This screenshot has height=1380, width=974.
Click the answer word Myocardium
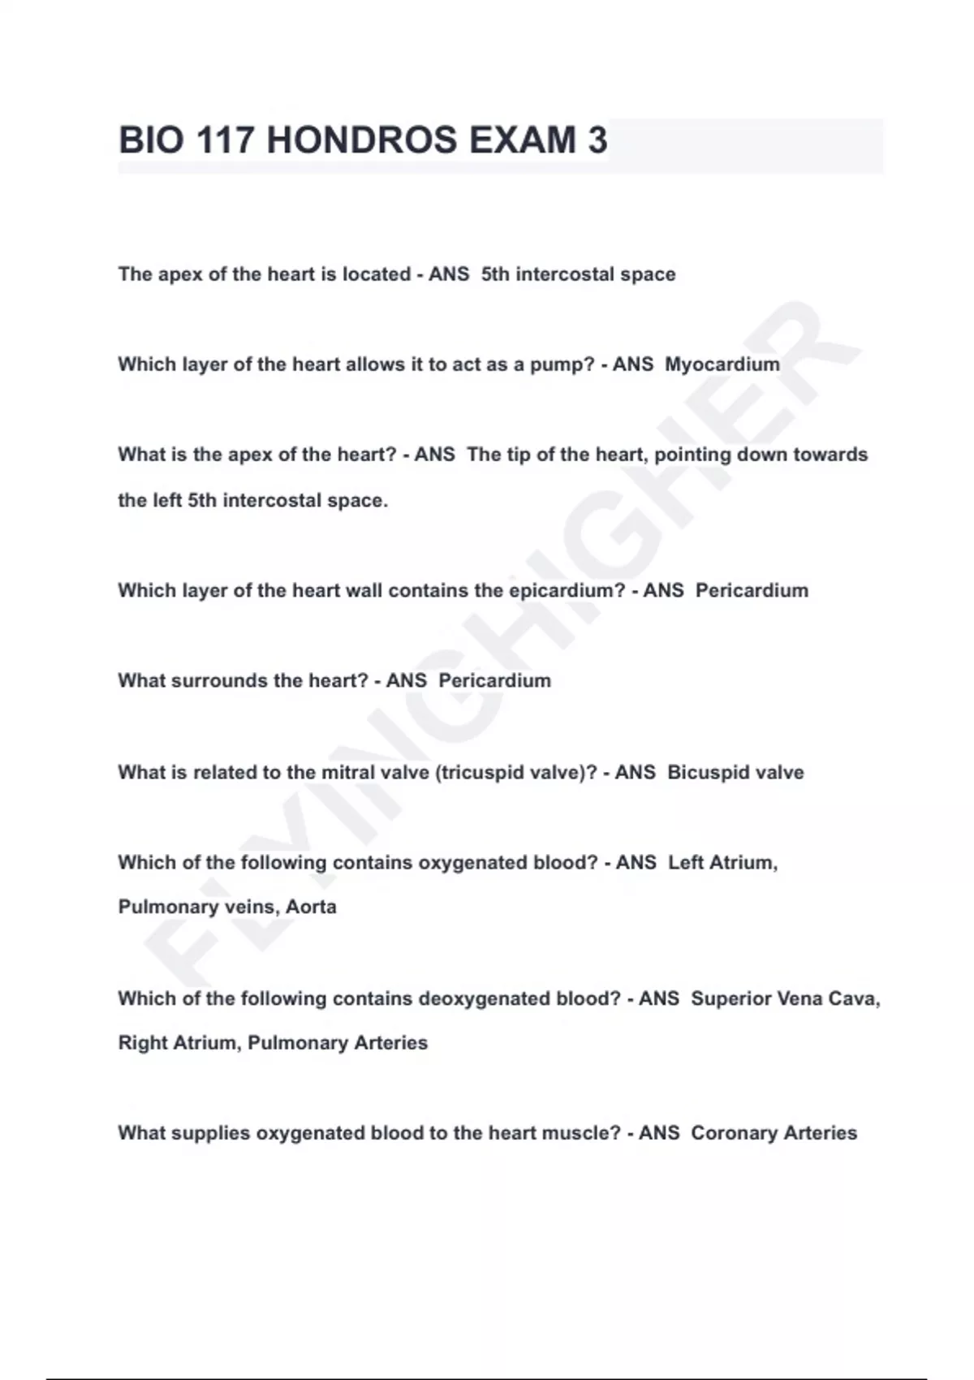(722, 364)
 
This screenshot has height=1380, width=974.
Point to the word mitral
(349, 772)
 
